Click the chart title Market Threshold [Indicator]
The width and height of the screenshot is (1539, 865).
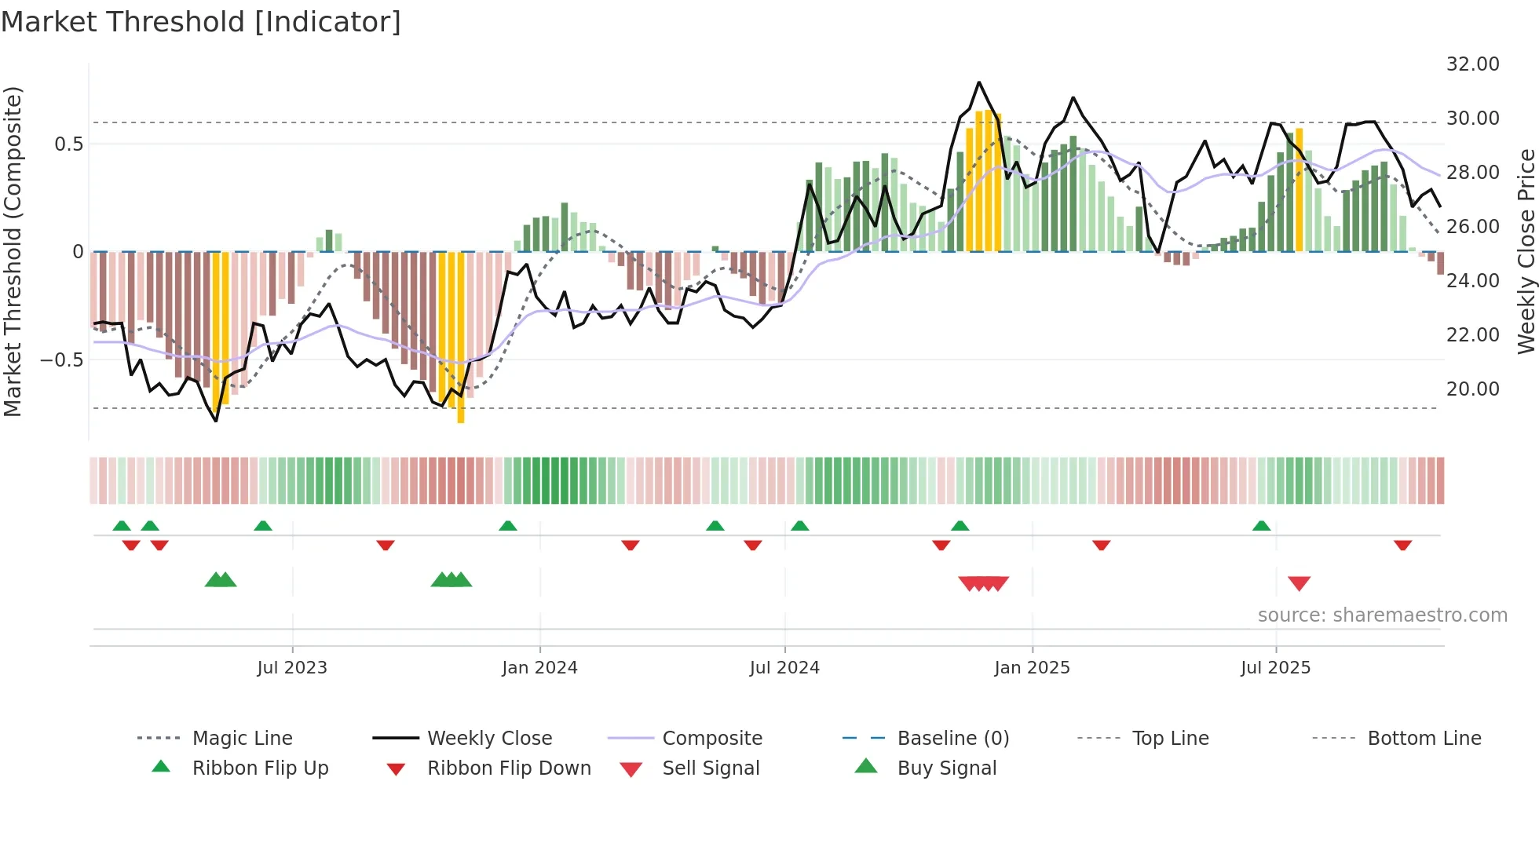pyautogui.click(x=201, y=22)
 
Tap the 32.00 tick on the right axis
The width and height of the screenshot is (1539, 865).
pyautogui.click(x=1472, y=64)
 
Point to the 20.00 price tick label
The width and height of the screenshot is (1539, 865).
pyautogui.click(x=1472, y=389)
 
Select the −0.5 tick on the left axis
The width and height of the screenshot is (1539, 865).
pyautogui.click(x=61, y=360)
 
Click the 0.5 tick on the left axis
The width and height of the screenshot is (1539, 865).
pyautogui.click(x=68, y=144)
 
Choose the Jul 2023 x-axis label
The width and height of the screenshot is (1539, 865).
pyautogui.click(x=292, y=668)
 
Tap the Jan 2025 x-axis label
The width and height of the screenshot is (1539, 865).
pyautogui.click(x=1032, y=668)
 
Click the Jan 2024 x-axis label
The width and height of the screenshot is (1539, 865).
pyautogui.click(x=539, y=668)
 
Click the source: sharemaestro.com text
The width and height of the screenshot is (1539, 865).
pyautogui.click(x=1382, y=615)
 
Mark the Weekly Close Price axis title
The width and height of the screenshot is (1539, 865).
pyautogui.click(x=1526, y=251)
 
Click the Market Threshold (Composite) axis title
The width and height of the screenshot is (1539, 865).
pyautogui.click(x=13, y=251)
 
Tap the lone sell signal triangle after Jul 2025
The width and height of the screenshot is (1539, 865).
pyautogui.click(x=1299, y=583)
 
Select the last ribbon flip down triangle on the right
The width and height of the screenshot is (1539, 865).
pyautogui.click(x=1402, y=545)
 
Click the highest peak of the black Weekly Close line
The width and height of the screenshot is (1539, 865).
pyautogui.click(x=978, y=82)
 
